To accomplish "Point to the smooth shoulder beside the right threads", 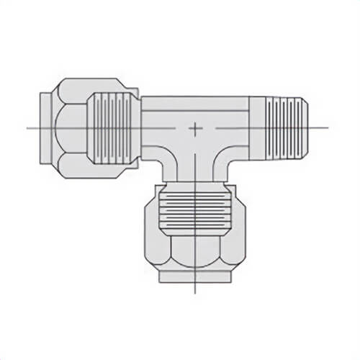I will click(258, 128).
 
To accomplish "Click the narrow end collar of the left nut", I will click(47, 128).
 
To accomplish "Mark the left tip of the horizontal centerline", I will click(27, 128).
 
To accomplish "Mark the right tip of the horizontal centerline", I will click(328, 128).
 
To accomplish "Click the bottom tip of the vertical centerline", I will click(195, 294).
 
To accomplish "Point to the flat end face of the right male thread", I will click(308, 128).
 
